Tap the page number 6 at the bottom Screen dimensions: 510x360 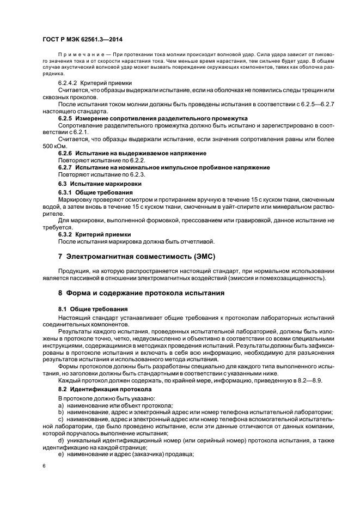click(44, 466)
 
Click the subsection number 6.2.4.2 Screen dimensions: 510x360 click(69, 83)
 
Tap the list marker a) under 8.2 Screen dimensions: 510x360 click(61, 406)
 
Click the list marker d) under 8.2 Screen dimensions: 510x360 click(61, 440)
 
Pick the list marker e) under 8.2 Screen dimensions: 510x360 click(61, 454)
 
